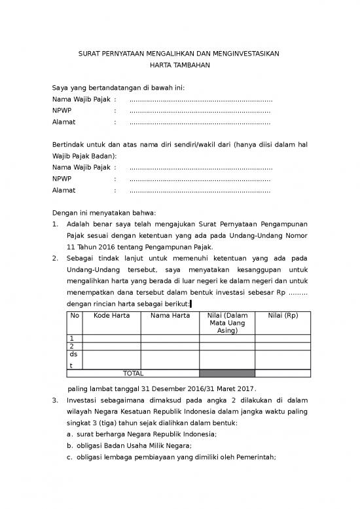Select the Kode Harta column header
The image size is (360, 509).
(112, 316)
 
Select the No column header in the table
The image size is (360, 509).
(75, 316)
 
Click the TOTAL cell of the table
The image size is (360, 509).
(133, 373)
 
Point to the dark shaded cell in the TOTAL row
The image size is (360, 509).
(227, 373)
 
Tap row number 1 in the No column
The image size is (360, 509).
(72, 338)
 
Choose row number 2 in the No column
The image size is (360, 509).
(72, 346)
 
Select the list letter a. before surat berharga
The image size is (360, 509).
(70, 434)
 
